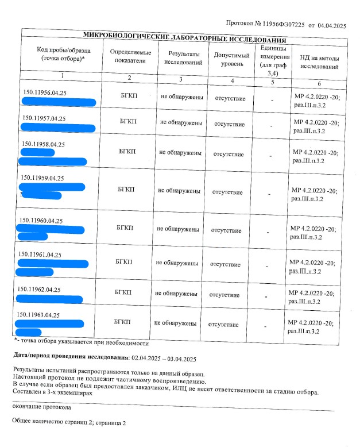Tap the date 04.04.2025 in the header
pyautogui.click(x=333, y=26)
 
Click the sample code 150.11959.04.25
pyautogui.click(x=42, y=178)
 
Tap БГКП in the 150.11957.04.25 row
pyautogui.click(x=129, y=122)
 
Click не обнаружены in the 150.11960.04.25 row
pyautogui.click(x=178, y=229)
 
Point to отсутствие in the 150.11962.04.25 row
pyautogui.click(x=224, y=295)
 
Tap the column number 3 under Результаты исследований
pyautogui.click(x=180, y=79)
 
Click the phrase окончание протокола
pyautogui.click(x=42, y=407)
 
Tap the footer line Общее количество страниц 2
pyautogui.click(x=69, y=422)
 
